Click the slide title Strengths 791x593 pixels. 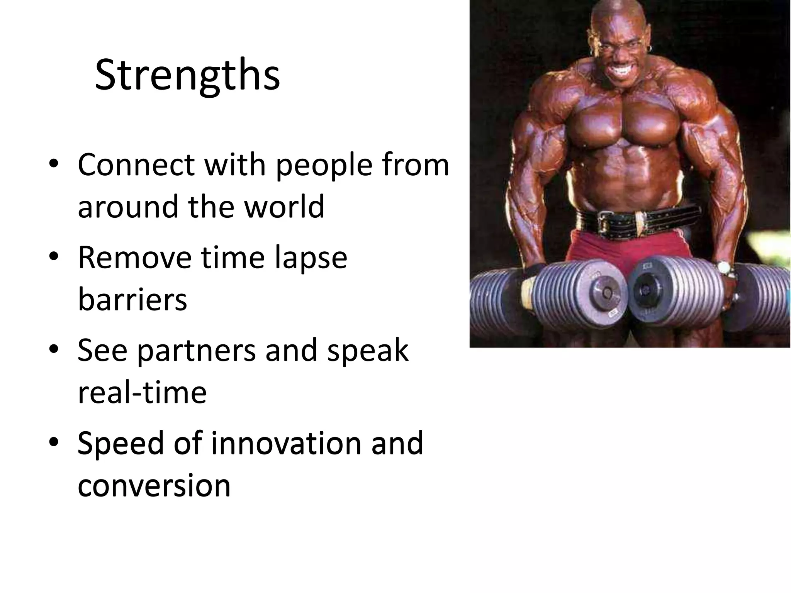187,75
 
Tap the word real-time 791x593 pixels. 142,393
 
